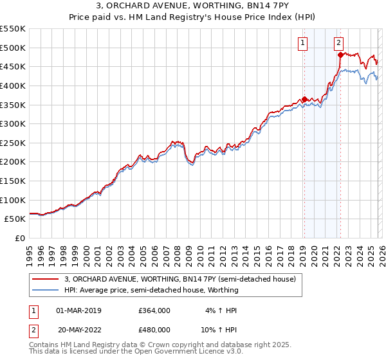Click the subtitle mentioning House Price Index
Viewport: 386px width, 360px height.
click(x=193, y=19)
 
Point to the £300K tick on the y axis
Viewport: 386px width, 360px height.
click(x=14, y=123)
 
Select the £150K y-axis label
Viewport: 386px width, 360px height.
click(x=14, y=181)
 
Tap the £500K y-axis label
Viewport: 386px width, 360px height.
click(x=14, y=48)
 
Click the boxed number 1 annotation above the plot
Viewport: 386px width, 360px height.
click(x=302, y=43)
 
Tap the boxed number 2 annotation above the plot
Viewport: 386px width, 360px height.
click(x=338, y=43)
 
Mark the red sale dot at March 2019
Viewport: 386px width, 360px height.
click(x=304, y=99)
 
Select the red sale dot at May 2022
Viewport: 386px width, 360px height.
click(x=340, y=55)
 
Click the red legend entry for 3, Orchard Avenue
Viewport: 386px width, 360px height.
click(x=179, y=279)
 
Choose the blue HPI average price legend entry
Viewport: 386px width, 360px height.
click(x=151, y=290)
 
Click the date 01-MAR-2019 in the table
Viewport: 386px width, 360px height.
click(x=83, y=310)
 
